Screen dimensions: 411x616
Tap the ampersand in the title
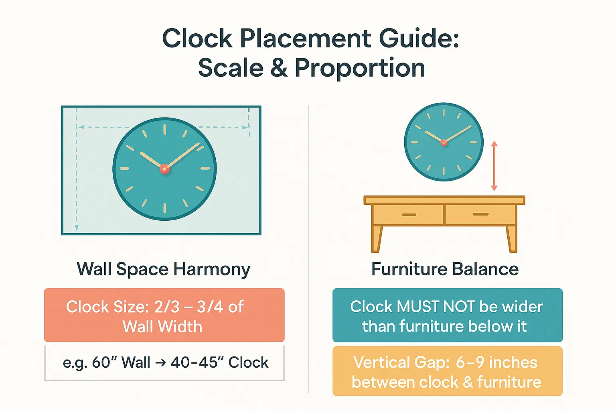[279, 67]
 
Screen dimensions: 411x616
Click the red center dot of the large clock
[165, 169]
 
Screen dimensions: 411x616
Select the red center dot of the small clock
[444, 142]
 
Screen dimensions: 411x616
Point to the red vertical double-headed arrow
[494, 165]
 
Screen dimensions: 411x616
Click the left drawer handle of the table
[409, 215]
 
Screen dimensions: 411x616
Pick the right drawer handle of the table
[480, 214]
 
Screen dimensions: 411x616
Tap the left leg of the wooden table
[377, 239]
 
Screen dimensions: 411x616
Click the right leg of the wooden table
[512, 239]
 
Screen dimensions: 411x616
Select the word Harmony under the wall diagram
[211, 269]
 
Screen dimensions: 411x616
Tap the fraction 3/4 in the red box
[210, 307]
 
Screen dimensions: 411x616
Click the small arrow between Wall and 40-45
[160, 363]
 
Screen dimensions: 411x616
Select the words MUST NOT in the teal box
[436, 307]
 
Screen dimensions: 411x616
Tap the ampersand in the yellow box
[468, 383]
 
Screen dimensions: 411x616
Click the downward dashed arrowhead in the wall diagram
[77, 228]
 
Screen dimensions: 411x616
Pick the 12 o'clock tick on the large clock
[165, 130]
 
